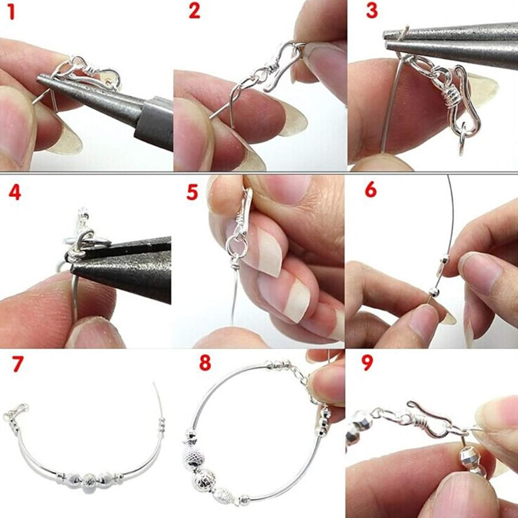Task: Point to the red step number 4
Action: click(x=15, y=192)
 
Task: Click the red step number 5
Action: click(x=192, y=192)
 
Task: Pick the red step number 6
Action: click(x=371, y=190)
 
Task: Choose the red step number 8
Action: click(x=205, y=363)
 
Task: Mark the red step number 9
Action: click(x=367, y=363)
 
